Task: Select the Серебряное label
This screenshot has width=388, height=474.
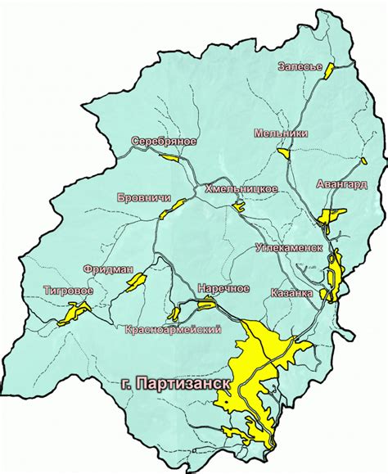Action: (164, 142)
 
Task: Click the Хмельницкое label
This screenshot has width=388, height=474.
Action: (241, 188)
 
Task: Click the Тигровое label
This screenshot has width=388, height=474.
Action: (68, 289)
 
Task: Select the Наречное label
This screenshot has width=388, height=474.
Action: (223, 288)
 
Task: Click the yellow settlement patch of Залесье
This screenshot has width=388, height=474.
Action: (330, 70)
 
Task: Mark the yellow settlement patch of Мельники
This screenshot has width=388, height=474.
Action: (283, 151)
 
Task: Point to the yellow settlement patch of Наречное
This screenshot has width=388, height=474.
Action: (206, 305)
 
